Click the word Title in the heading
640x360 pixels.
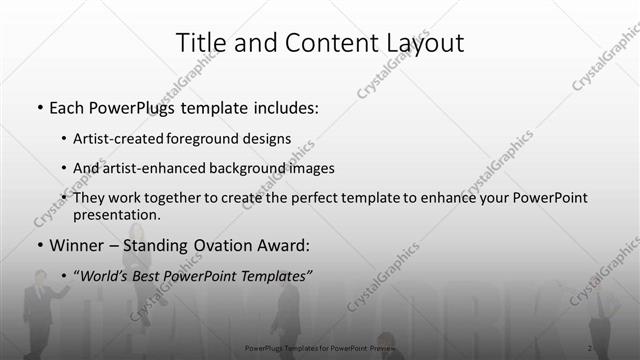[x=199, y=43]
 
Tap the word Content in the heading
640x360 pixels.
[x=320, y=43]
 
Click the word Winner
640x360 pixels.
[x=76, y=244]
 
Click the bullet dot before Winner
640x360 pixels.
[x=39, y=245]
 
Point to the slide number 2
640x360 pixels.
[x=590, y=347]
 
